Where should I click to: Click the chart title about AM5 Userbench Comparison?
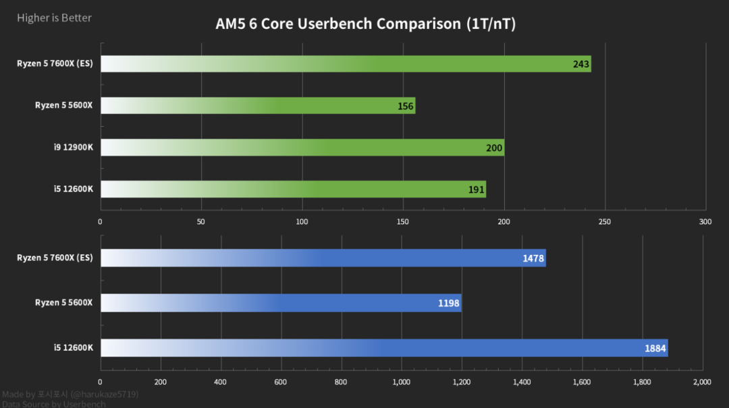click(x=365, y=24)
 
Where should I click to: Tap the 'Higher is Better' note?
click(x=54, y=18)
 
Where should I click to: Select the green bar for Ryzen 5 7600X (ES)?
click(x=346, y=64)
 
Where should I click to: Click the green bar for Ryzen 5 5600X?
click(x=258, y=106)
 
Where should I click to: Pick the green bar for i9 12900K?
click(x=302, y=148)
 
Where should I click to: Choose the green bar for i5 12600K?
click(x=293, y=190)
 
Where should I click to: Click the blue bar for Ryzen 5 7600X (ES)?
click(x=323, y=258)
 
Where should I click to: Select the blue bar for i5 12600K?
click(x=384, y=348)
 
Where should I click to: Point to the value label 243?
click(x=581, y=65)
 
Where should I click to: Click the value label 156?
click(x=405, y=107)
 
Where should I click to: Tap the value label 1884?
click(x=655, y=349)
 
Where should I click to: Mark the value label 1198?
click(x=448, y=303)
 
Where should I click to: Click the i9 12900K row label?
click(x=74, y=148)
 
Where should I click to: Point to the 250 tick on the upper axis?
click(x=604, y=222)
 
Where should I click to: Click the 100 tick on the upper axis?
click(x=302, y=222)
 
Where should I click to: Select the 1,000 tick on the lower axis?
click(x=402, y=382)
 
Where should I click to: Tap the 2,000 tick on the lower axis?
click(x=702, y=382)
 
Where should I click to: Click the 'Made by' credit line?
click(x=70, y=394)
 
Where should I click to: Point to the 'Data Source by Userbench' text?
click(x=54, y=404)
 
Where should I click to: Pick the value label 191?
click(x=476, y=190)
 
